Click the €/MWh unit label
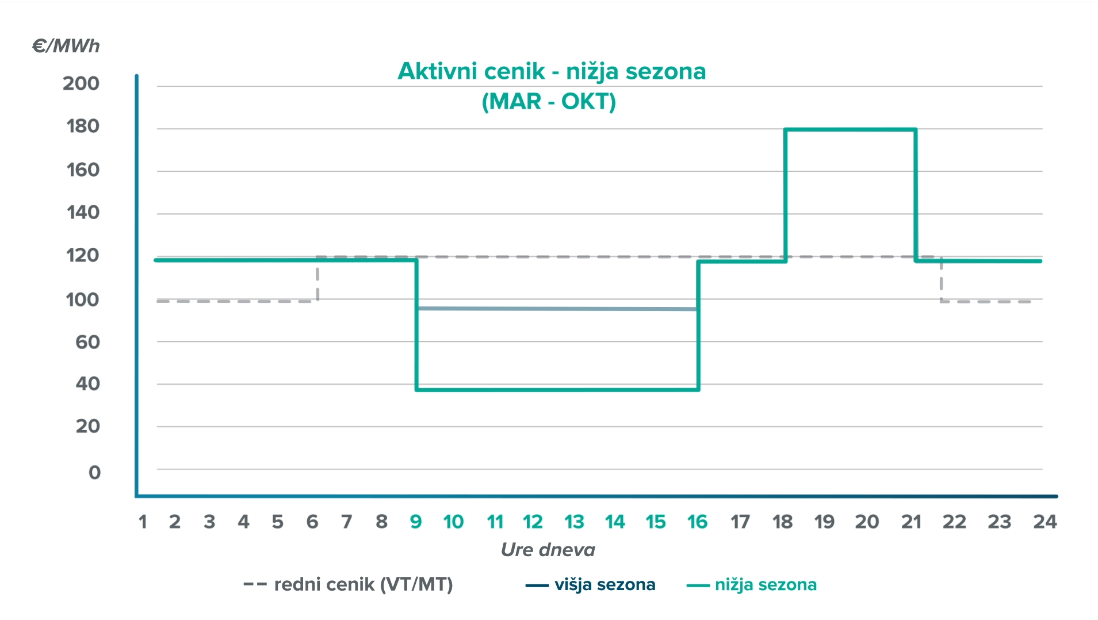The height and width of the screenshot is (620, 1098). pos(66,46)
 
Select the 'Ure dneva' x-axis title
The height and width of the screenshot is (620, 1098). pos(548,550)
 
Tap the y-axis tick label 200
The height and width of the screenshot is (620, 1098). pos(81,83)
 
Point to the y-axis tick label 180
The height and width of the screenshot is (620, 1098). pos(83,127)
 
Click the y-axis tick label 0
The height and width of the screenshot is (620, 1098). pos(94,473)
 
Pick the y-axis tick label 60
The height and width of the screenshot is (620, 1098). pos(87,342)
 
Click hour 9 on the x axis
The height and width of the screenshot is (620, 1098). pos(415,522)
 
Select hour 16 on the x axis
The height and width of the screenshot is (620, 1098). pos(697,522)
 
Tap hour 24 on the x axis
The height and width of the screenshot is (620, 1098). pos(1045,522)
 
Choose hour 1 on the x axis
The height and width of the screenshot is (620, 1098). pos(143,522)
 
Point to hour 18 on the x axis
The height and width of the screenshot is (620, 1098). pos(782,522)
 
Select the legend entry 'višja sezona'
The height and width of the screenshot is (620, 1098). pos(605,584)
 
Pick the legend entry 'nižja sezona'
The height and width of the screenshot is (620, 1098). pos(766,584)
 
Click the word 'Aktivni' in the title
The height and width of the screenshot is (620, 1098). pos(438,71)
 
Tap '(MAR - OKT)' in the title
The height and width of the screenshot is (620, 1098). pos(549,101)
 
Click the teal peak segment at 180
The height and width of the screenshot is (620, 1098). pos(850,130)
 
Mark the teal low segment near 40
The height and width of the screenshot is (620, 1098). pos(557,390)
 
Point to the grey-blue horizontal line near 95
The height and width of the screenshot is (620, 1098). pos(557,309)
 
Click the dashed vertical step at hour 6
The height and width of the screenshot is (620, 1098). pos(317,279)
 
